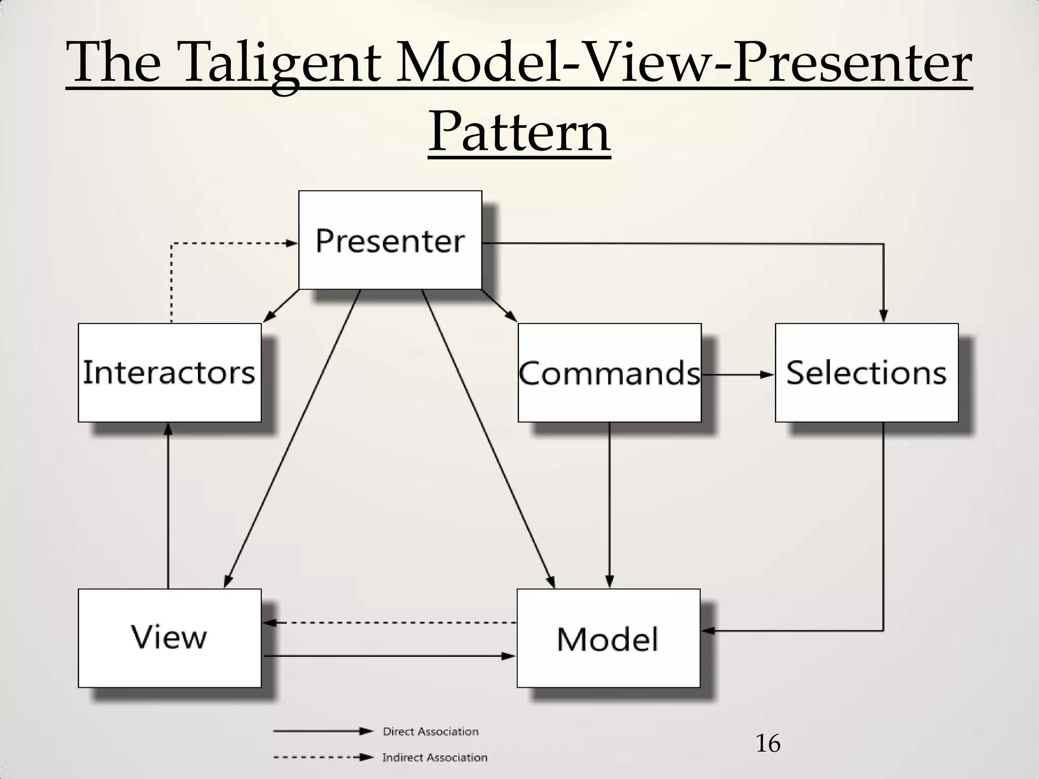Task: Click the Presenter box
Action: (390, 240)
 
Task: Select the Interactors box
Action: (169, 372)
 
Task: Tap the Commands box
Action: (609, 372)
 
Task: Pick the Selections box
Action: (867, 372)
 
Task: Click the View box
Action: (169, 638)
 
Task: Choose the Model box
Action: (608, 638)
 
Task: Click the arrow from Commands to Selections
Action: (738, 375)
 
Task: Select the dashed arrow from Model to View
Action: (390, 622)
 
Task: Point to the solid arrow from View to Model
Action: (390, 656)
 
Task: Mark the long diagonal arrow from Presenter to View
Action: (293, 439)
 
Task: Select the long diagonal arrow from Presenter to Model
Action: (488, 439)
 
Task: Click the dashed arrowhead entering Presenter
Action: (291, 243)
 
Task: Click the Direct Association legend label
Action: (430, 731)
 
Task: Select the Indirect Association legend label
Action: (434, 757)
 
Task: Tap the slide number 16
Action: (768, 744)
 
